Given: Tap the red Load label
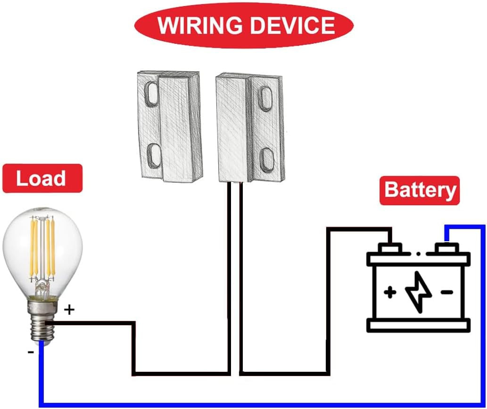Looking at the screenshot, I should (41, 179).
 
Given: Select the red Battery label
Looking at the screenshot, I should (420, 190).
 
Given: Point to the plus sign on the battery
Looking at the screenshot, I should (389, 293).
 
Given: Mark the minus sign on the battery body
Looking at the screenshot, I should (446, 293).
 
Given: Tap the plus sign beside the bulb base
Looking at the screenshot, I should (69, 310).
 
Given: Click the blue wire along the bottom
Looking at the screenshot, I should (236, 404).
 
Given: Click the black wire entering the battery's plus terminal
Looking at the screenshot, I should (358, 229).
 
